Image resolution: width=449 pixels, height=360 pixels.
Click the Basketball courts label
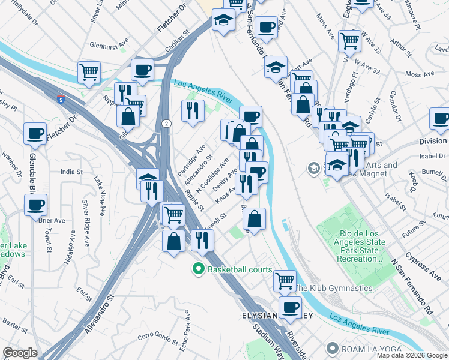[240, 269]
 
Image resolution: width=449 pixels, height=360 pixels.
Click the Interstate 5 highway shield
[62, 100]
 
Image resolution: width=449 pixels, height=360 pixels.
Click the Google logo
[20, 353]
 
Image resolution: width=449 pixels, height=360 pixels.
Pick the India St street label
[71, 172]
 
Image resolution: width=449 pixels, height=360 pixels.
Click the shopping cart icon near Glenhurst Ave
[89, 71]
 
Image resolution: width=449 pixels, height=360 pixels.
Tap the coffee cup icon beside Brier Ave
[35, 205]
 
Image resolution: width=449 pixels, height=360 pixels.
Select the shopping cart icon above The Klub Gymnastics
[285, 280]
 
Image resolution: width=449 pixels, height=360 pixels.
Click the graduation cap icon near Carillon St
[223, 21]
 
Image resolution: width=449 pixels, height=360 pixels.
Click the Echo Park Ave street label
[187, 325]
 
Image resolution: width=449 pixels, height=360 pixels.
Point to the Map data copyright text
[412, 355]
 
